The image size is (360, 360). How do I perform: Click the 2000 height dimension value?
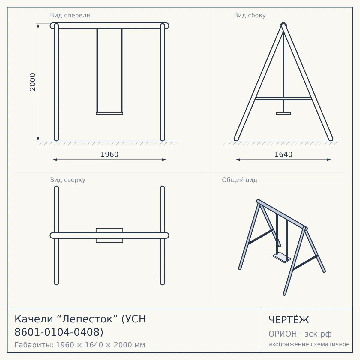pyautogui.click(x=32, y=82)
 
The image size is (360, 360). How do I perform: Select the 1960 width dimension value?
pyautogui.click(x=109, y=154)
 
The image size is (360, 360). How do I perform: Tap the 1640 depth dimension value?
pyautogui.click(x=283, y=154)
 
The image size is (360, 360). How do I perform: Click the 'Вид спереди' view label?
pyautogui.click(x=70, y=15)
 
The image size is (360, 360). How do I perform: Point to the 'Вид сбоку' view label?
pyautogui.click(x=250, y=15)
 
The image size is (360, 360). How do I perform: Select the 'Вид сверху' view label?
pyautogui.click(x=67, y=180)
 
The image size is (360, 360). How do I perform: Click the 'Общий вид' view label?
pyautogui.click(x=239, y=180)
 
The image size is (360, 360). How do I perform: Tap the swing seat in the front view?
pyautogui.click(x=109, y=113)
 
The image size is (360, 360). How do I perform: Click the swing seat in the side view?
pyautogui.click(x=283, y=113)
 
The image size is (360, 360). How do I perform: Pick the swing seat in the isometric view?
pyautogui.click(x=282, y=257)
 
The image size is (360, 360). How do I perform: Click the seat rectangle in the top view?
pyautogui.click(x=109, y=235)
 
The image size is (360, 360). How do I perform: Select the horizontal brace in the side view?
pyautogui.click(x=283, y=98)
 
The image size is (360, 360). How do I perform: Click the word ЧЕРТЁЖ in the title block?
pyautogui.click(x=289, y=320)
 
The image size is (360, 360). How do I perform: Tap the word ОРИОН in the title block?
pyautogui.click(x=283, y=334)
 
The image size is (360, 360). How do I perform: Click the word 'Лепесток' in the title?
pyautogui.click(x=87, y=319)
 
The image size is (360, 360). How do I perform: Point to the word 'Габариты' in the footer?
pyautogui.click(x=34, y=345)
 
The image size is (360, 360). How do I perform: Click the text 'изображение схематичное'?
pyautogui.click(x=309, y=344)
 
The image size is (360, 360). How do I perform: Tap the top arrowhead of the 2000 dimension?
pyautogui.click(x=38, y=25)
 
